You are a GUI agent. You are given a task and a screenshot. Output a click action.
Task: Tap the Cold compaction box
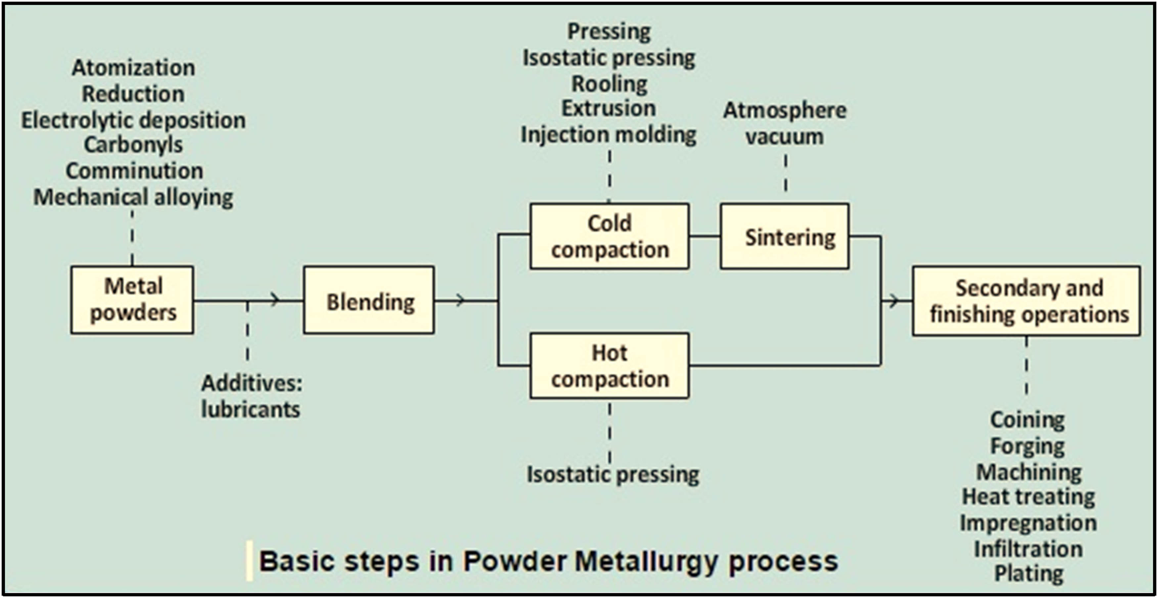point(609,237)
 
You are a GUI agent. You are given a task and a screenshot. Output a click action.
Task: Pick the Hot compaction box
point(609,366)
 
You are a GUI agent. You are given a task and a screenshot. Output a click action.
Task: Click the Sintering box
point(785,237)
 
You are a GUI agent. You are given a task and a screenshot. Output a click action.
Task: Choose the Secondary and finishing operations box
point(1027,301)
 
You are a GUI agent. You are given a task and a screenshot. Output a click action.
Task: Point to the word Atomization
point(134,68)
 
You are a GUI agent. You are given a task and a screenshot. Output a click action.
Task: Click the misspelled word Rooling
point(609,84)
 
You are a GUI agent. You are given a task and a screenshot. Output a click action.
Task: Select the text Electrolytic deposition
point(134,120)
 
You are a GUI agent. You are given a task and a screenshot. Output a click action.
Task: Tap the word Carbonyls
point(134,145)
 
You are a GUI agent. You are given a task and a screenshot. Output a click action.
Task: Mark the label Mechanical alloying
point(134,197)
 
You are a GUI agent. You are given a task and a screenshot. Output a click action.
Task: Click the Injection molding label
point(609,134)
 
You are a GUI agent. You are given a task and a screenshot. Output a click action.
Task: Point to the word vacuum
point(784,136)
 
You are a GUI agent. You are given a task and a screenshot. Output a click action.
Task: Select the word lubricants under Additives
point(250,409)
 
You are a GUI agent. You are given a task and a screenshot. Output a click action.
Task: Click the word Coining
point(1028,420)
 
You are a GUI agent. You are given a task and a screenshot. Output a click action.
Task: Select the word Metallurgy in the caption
point(646,561)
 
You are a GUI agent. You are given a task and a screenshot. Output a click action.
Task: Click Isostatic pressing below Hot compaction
point(613,474)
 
